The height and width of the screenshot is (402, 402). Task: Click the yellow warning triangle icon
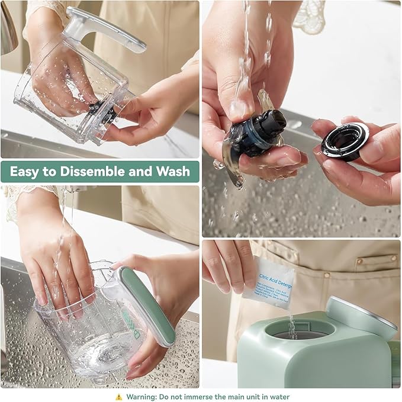pos(119,397)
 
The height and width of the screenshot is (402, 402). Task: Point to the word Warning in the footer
pos(141,397)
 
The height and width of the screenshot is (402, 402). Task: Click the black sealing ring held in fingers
pos(345,141)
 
